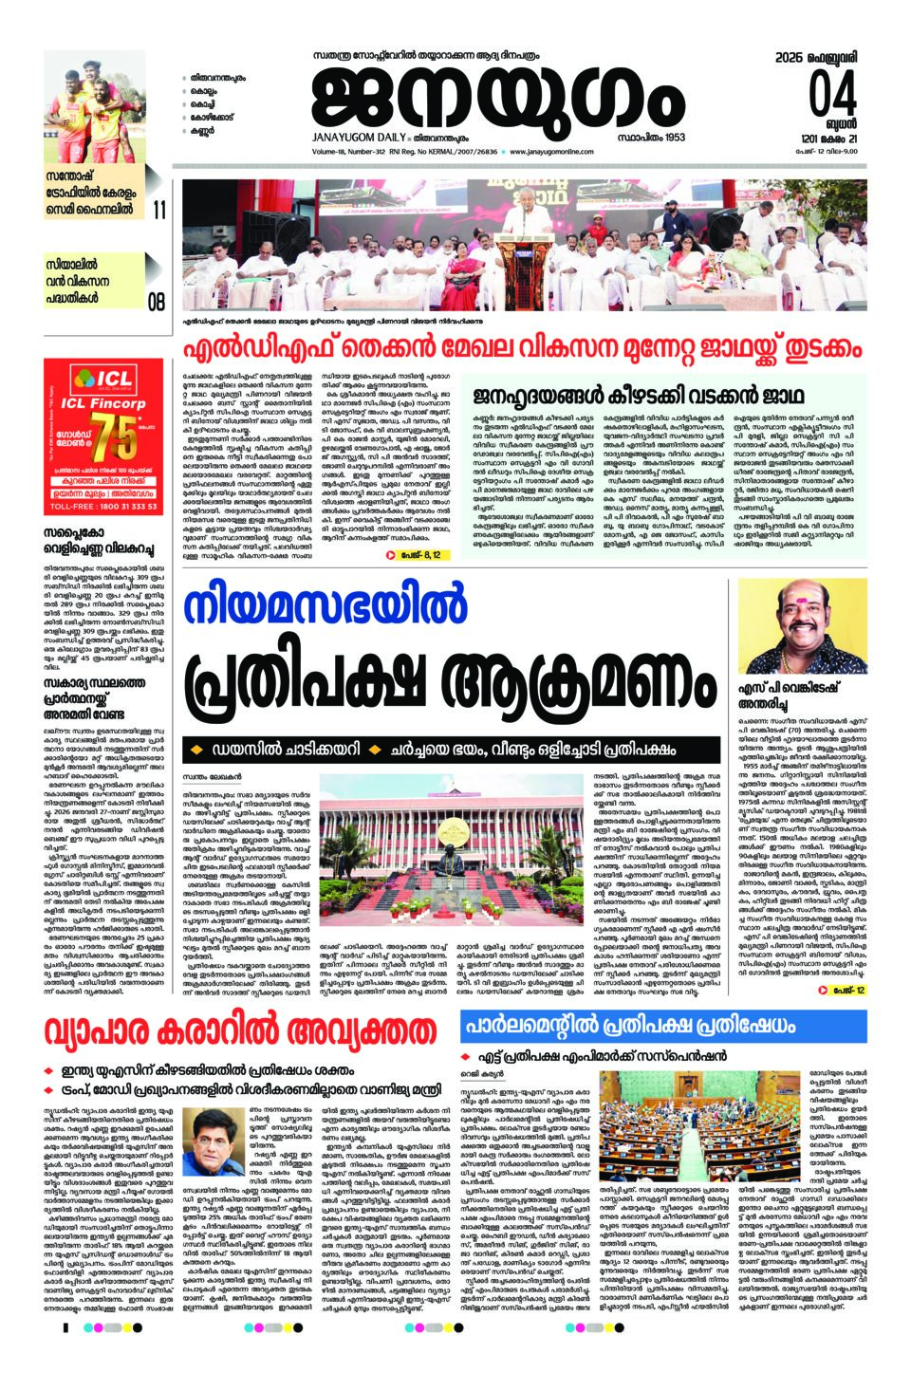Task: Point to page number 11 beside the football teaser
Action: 158,210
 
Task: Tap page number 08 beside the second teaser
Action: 157,303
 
